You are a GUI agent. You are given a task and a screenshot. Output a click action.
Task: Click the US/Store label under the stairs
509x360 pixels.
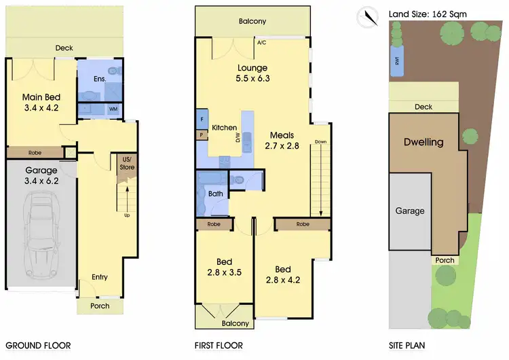pos(127,163)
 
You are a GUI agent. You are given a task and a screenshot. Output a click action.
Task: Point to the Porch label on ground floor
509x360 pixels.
pos(100,306)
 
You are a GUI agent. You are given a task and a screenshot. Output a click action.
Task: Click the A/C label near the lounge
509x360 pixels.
pos(261,42)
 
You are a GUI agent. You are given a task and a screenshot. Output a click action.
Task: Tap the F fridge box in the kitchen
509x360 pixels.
pos(202,119)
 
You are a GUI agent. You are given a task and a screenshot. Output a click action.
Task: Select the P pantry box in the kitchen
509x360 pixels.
pos(201,134)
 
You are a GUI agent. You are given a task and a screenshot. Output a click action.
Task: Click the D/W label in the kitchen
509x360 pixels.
pos(238,139)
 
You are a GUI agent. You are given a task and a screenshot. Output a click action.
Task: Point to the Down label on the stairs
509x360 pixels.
pos(320,142)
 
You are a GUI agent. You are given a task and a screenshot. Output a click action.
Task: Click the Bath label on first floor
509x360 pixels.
pos(216,194)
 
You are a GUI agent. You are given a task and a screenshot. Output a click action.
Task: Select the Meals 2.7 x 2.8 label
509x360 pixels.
pos(281,140)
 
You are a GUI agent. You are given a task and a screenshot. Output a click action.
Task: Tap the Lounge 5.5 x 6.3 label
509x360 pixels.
pos(252,73)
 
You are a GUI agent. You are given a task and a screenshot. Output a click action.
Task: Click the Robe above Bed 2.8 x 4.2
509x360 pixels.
pos(303,223)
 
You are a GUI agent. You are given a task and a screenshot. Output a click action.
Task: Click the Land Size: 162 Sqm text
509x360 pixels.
pos(427,14)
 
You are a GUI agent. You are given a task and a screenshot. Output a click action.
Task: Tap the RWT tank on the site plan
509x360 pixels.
pos(396,60)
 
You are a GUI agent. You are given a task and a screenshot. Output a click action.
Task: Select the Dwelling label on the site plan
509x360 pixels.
pos(423,143)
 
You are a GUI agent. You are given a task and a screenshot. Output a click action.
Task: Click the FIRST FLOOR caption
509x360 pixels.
pos(219,345)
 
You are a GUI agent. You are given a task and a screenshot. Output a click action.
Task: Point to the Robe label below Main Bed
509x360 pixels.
pos(35,152)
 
